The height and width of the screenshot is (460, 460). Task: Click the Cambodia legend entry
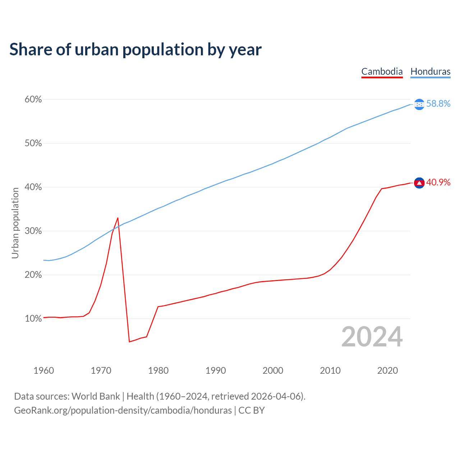[382, 72]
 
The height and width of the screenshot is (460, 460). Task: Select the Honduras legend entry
[430, 72]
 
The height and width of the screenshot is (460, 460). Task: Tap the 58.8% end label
[438, 104]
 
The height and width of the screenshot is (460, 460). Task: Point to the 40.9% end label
[438, 183]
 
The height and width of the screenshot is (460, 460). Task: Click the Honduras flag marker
[419, 104]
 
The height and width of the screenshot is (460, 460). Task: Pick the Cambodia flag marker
[419, 183]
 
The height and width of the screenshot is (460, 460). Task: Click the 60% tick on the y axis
[33, 100]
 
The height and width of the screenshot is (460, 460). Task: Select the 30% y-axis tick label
[33, 231]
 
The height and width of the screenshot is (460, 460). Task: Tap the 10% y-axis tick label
[33, 319]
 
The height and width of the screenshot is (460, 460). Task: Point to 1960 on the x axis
[44, 371]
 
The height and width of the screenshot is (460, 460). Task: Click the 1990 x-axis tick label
[216, 371]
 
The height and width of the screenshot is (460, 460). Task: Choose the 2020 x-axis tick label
[387, 371]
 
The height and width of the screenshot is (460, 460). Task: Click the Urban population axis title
[15, 223]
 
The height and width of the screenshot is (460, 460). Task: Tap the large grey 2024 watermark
[372, 337]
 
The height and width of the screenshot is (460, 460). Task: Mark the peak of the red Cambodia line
[118, 218]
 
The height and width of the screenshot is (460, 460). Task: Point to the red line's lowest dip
[129, 341]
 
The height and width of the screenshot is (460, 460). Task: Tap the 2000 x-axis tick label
[273, 371]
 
